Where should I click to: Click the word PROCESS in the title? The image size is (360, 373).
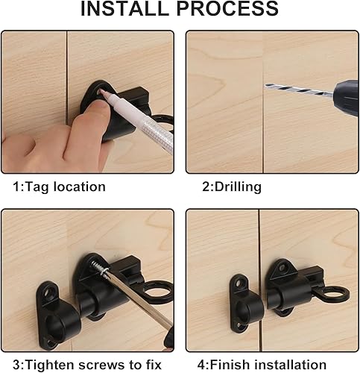(227, 8)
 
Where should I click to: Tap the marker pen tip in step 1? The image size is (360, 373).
(101, 93)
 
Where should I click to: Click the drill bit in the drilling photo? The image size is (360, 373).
(299, 90)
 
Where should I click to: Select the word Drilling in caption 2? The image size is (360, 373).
(238, 187)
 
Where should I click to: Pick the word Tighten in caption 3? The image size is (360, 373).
(50, 365)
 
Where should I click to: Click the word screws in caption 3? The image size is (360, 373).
(102, 366)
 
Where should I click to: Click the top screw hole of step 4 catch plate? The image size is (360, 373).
(239, 283)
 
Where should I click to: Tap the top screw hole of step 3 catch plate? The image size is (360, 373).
(49, 292)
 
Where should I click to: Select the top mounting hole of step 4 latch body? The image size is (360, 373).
(282, 268)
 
